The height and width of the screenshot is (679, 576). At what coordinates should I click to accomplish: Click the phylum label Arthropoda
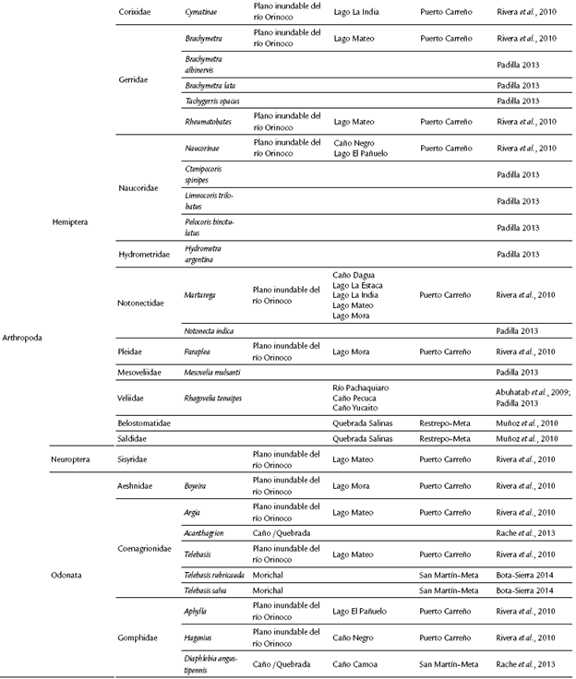click(21, 338)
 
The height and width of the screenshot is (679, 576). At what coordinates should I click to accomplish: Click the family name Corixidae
click(138, 12)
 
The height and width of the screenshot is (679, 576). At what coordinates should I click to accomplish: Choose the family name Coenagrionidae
click(147, 547)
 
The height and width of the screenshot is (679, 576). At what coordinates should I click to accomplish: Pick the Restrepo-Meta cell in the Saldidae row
click(449, 438)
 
